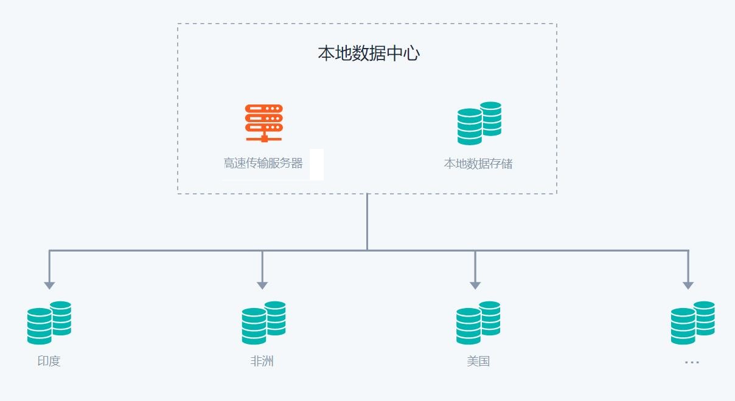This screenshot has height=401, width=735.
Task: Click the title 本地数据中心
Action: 369,53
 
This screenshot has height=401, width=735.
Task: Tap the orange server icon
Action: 263,123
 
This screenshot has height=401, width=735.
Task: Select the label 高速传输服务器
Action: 263,163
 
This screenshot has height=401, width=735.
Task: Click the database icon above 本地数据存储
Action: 479,123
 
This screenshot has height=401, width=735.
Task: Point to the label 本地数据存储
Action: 478,163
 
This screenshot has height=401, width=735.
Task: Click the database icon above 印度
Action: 49,322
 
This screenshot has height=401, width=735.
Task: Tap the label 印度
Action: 49,361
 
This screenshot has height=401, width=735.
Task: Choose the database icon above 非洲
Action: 263,322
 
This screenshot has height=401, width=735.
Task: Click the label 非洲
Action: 262,361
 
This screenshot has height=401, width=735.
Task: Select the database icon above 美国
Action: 478,322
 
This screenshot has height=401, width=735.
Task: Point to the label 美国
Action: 478,361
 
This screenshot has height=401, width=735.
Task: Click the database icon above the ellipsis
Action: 692,322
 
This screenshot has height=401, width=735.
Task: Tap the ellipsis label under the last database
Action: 692,362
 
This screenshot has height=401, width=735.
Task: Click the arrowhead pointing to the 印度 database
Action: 49,285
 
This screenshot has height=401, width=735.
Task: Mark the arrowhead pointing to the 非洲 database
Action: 262,285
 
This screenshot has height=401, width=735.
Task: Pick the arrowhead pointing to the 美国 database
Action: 475,285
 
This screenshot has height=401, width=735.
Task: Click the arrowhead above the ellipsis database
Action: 688,285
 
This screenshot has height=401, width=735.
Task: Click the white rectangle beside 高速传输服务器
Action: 316,164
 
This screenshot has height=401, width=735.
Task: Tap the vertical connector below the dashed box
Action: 367,222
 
